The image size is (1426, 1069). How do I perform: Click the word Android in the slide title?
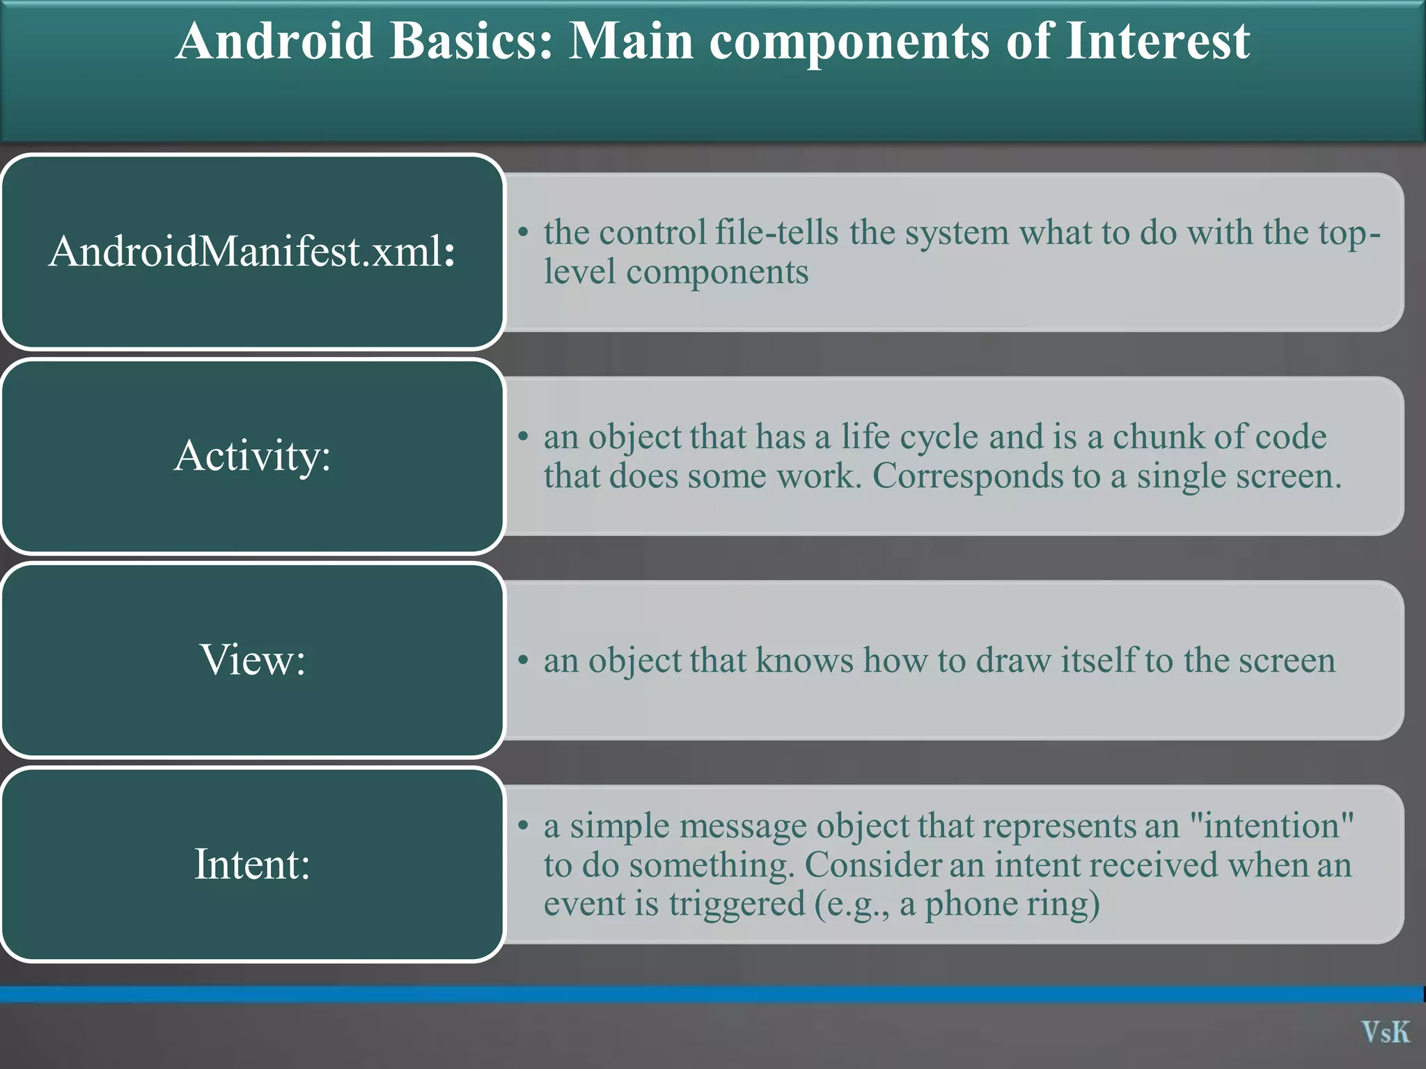(x=274, y=41)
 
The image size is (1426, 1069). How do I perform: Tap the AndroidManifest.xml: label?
(x=251, y=251)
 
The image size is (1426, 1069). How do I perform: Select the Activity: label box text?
(x=251, y=456)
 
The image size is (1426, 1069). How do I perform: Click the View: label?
(x=251, y=660)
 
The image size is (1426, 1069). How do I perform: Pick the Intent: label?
(x=251, y=864)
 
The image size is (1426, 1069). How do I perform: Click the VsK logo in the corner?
(x=1385, y=1032)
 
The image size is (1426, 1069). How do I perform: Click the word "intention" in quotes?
(x=1271, y=827)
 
